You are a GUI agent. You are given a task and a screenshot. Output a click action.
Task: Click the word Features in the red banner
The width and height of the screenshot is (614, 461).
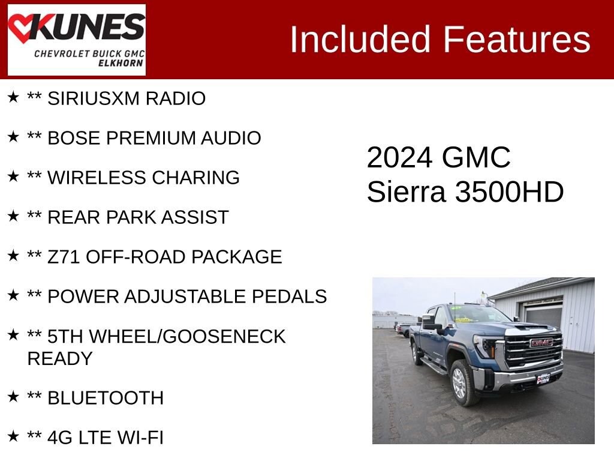coord(517,40)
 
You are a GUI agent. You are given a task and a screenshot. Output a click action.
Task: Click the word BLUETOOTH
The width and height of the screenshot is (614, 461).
coord(106,398)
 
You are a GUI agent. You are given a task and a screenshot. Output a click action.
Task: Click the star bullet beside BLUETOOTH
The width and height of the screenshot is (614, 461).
coord(13,397)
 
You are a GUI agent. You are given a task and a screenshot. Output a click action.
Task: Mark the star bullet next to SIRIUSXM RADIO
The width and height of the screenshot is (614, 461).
coord(13,97)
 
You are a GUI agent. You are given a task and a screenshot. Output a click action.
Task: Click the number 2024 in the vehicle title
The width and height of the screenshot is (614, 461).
coord(399,158)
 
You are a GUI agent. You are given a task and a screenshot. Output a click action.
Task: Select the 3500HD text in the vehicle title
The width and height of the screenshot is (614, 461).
coord(509,193)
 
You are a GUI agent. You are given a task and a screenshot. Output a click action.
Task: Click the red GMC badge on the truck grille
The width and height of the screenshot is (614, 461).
coord(541,343)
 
